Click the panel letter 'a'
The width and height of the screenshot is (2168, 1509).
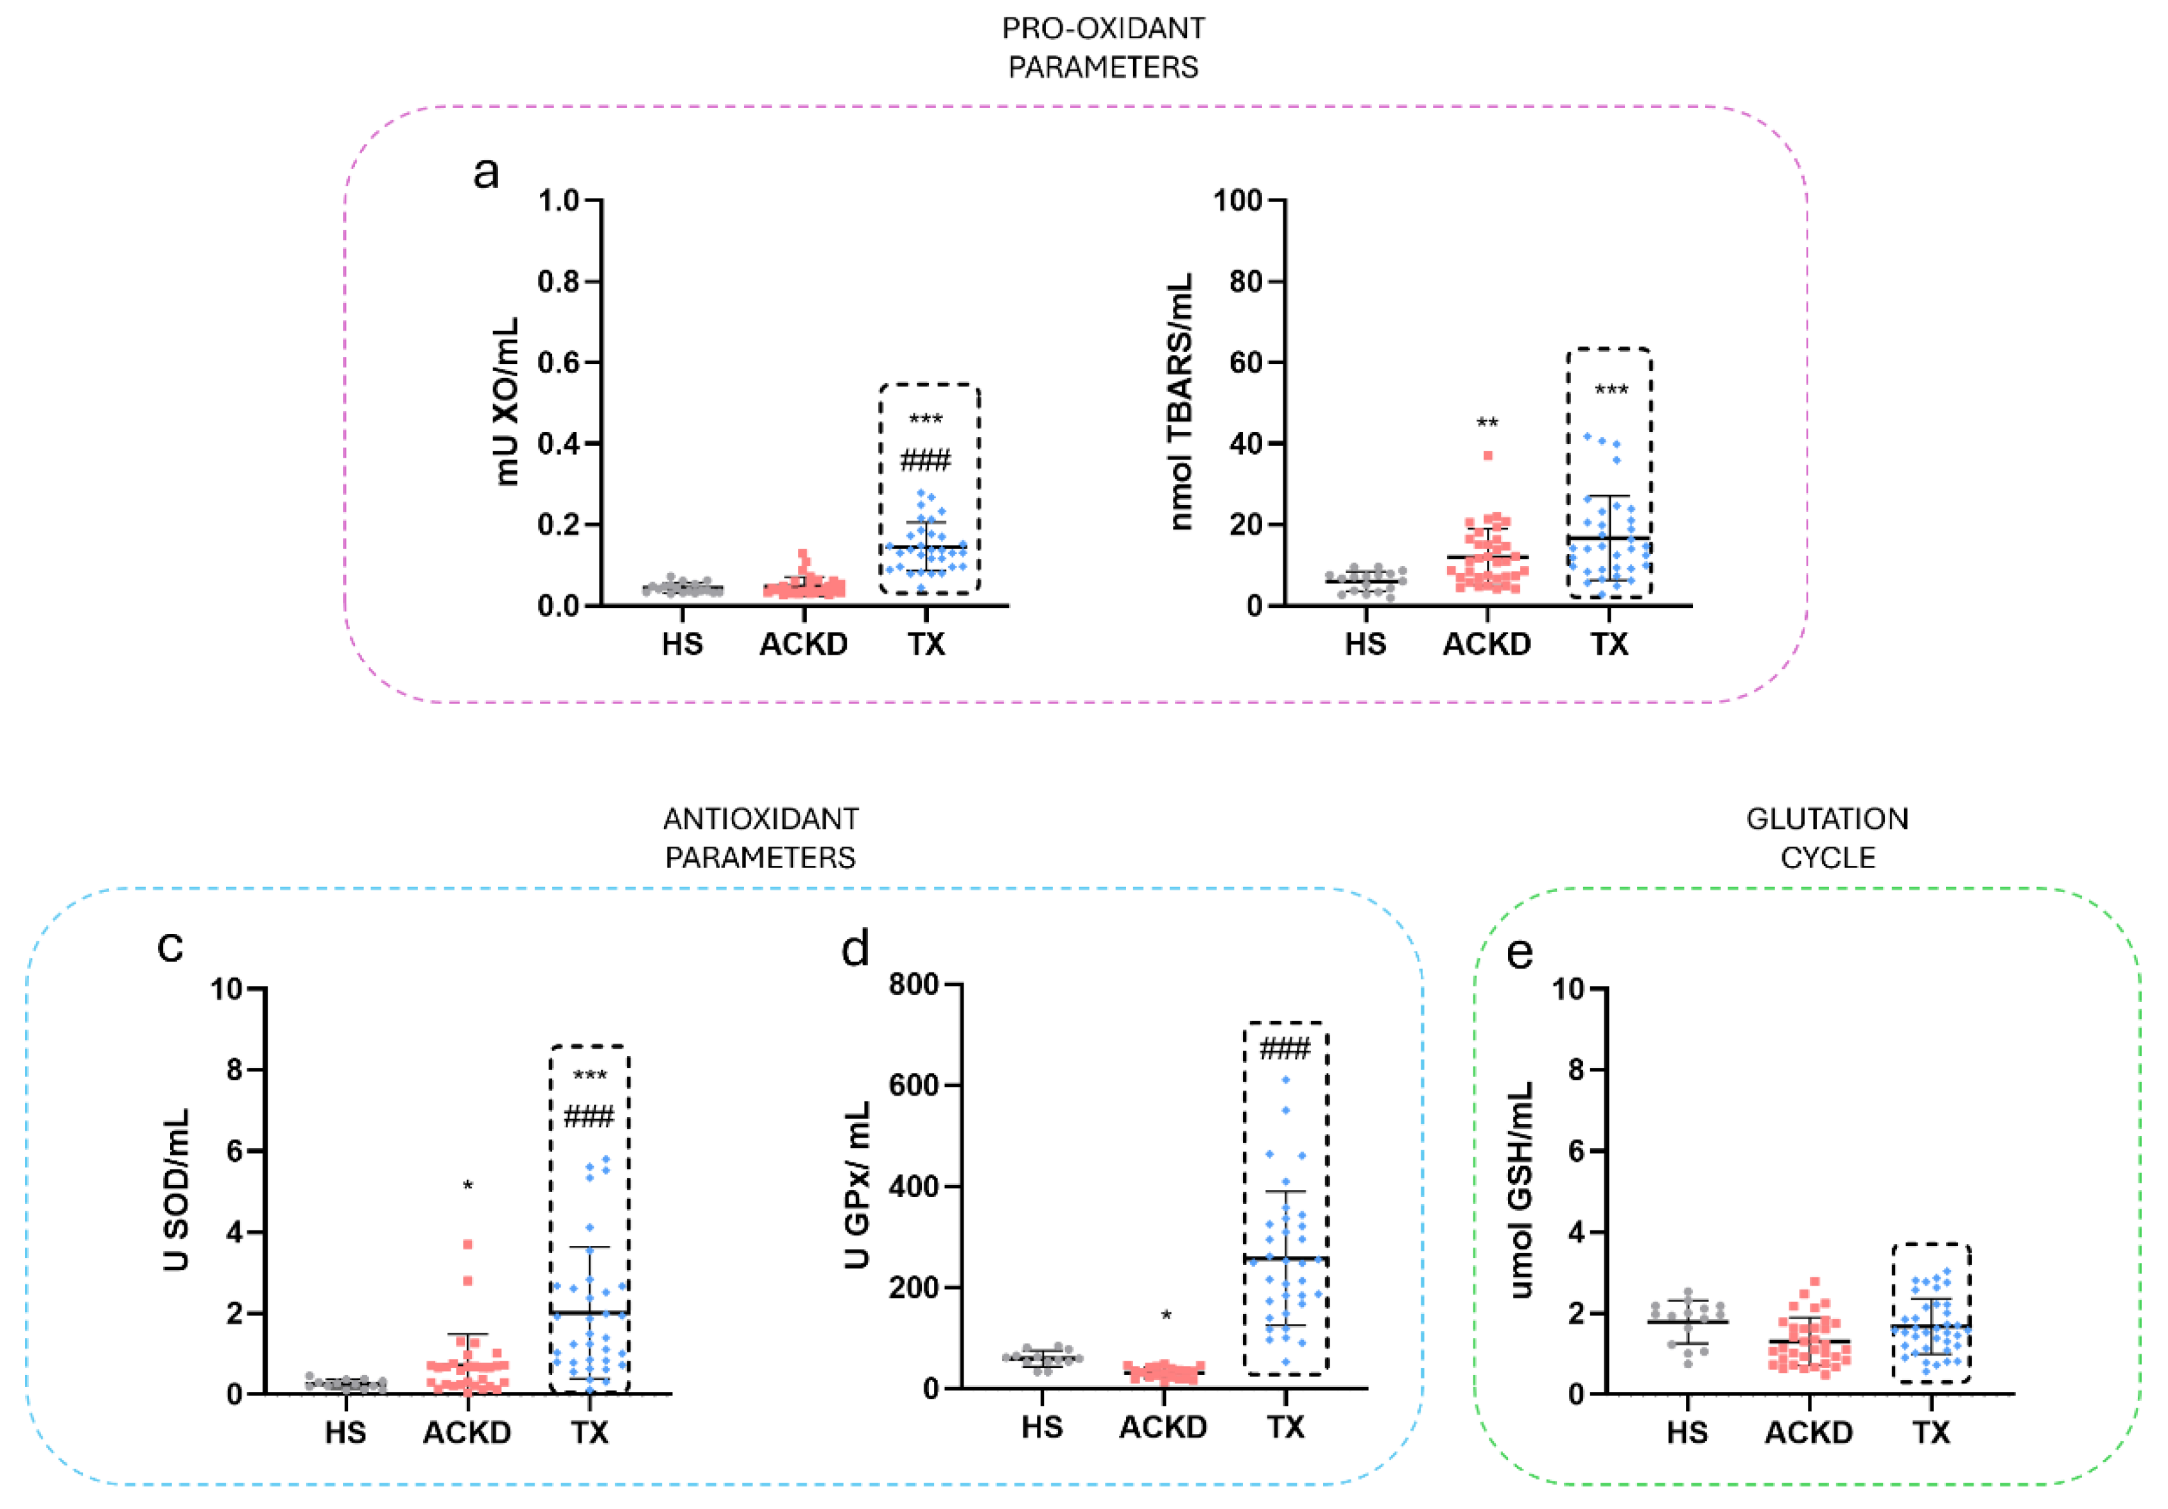485,173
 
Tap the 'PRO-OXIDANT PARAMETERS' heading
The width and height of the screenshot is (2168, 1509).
1103,48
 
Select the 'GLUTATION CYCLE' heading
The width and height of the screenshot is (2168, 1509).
1827,838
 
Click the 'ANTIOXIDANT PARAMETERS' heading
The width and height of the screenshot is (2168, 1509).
760,838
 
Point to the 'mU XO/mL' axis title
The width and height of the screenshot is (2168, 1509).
507,401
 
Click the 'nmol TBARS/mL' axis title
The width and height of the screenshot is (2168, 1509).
1181,401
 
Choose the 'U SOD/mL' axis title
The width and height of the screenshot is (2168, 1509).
177,1190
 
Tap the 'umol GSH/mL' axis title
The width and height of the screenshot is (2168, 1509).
1520,1190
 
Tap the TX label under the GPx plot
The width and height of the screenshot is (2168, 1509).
1285,1427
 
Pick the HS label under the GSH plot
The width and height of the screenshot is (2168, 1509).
1687,1433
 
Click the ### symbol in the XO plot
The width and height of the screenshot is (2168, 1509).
925,461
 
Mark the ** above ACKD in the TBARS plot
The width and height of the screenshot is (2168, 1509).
1487,423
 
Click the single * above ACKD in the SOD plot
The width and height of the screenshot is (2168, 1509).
467,1186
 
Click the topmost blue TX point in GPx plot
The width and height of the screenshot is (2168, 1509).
1285,1080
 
